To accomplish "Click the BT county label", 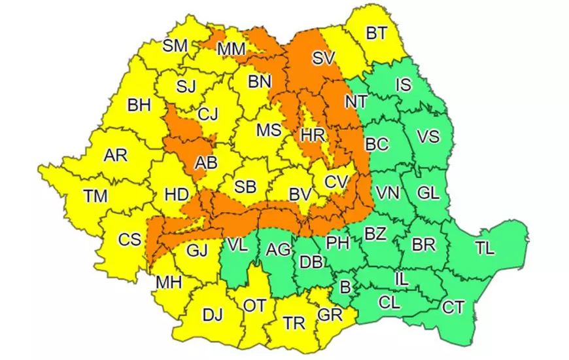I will [375, 33].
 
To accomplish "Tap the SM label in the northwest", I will [175, 46].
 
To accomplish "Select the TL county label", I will [485, 249].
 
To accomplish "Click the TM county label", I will [97, 195].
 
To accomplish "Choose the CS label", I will [129, 240].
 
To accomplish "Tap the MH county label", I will [168, 283].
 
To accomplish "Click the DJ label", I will [212, 315].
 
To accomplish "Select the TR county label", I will [294, 323].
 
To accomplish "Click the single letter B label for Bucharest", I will [345, 285].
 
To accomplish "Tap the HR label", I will [311, 135].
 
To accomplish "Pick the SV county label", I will [323, 58].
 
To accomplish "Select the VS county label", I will [428, 137].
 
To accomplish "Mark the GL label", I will [428, 193].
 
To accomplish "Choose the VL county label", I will [239, 246].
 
